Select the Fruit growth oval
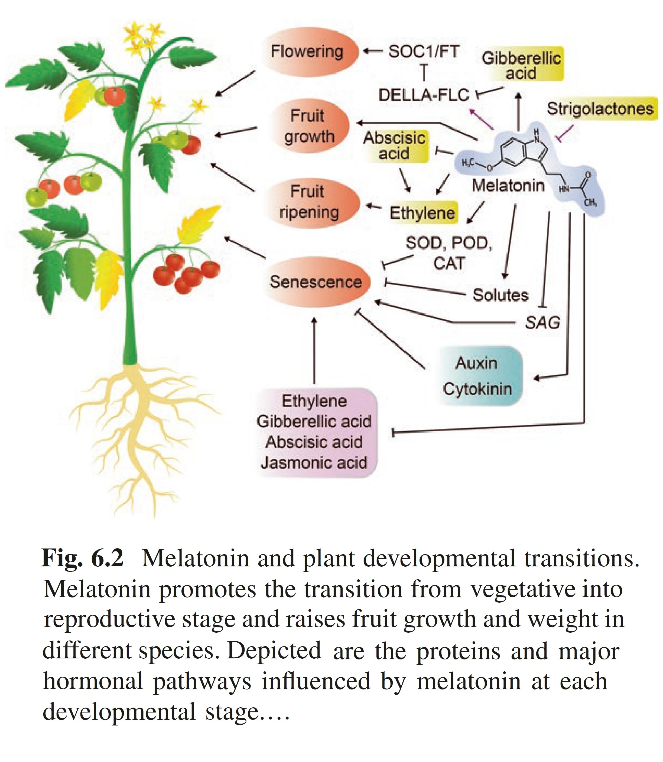[309, 126]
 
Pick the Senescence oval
[316, 282]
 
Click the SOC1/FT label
[423, 51]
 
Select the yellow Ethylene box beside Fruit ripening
[422, 213]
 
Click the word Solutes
[500, 295]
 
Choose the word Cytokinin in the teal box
[477, 389]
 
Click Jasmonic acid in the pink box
[314, 462]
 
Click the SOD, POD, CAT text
[449, 253]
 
